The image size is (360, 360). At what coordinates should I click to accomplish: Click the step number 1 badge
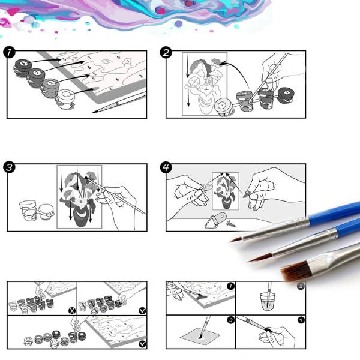pyautogui.click(x=9, y=52)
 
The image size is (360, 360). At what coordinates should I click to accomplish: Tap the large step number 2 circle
pyautogui.click(x=166, y=52)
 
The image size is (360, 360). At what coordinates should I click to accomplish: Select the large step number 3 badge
pyautogui.click(x=9, y=167)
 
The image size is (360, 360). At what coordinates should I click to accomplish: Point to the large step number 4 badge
pyautogui.click(x=166, y=167)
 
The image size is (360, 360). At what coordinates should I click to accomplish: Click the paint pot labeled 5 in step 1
pyautogui.click(x=22, y=63)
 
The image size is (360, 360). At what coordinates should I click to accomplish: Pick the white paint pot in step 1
pyautogui.click(x=64, y=98)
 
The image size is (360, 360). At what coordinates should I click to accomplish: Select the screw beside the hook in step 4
pyautogui.click(x=230, y=223)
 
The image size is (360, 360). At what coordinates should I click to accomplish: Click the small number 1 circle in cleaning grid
pyautogui.click(x=230, y=286)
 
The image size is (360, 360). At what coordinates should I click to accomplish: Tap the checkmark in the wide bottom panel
pyautogui.click(x=142, y=344)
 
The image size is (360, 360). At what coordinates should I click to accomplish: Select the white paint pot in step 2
pyautogui.click(x=223, y=106)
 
